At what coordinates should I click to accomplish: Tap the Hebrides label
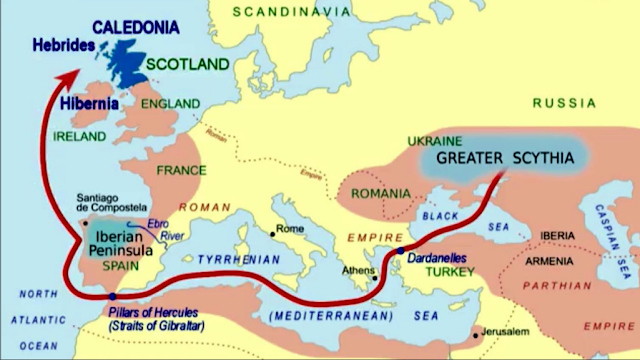pyautogui.click(x=62, y=45)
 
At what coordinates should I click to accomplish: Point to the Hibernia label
pyautogui.click(x=88, y=101)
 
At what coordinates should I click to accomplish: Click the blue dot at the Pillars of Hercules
pyautogui.click(x=112, y=296)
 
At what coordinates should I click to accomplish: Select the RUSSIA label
pyautogui.click(x=566, y=103)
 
